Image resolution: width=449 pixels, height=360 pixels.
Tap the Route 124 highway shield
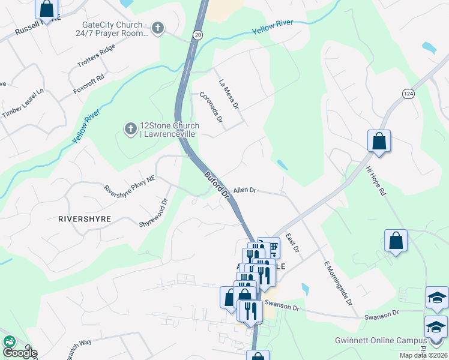point(409,94)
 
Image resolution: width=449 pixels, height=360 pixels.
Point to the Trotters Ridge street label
point(95,58)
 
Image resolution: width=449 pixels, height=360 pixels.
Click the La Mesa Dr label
point(229,94)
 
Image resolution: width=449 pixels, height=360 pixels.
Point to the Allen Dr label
point(245,190)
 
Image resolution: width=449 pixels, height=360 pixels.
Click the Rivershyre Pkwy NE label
point(130,190)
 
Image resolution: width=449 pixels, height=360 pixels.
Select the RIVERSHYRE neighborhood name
point(85,219)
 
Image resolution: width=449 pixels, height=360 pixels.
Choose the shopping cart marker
point(271,247)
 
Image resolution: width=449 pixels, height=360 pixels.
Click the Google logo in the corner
point(19,352)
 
